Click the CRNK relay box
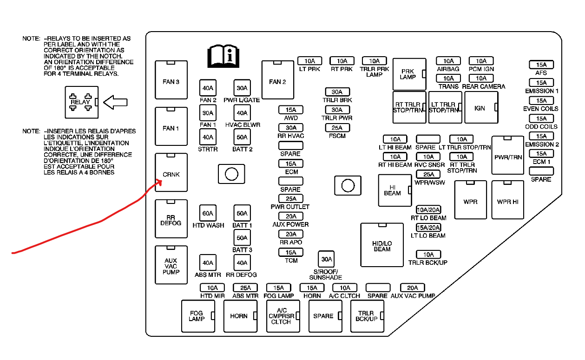(x=171, y=172)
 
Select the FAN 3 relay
(x=171, y=80)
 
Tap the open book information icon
(x=223, y=57)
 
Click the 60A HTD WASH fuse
(x=208, y=213)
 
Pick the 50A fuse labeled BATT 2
(x=242, y=137)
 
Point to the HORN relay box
(x=240, y=316)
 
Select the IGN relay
(x=481, y=108)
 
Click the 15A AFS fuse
(x=541, y=65)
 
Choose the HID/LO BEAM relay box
(x=382, y=245)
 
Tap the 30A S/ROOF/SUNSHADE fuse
(x=327, y=260)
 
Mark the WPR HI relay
(x=507, y=200)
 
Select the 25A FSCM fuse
(x=337, y=128)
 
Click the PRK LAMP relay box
(x=409, y=74)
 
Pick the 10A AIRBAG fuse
(x=448, y=61)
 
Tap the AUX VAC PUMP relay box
(x=171, y=265)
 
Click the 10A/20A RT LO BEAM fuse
(x=428, y=209)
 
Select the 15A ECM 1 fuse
(x=541, y=154)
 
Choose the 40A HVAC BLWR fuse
(x=242, y=113)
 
